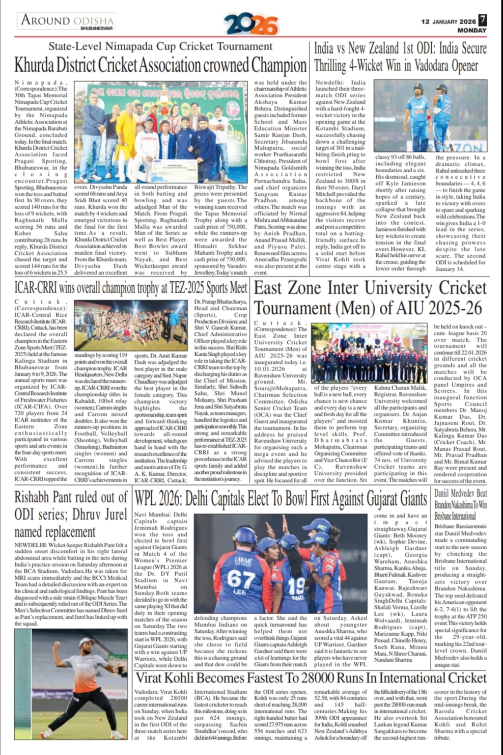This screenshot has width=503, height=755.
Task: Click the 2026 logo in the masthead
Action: (251, 24)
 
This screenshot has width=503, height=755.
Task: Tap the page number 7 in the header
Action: (482, 20)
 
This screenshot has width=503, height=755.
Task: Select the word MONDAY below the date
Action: (472, 31)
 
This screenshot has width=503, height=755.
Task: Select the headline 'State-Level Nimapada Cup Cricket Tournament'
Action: (160, 46)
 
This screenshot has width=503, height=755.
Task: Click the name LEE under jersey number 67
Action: (239, 593)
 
